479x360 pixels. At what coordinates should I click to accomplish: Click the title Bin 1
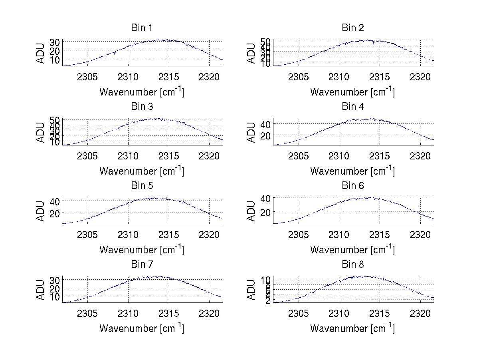click(142, 28)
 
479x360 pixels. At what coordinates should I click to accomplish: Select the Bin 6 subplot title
click(353, 186)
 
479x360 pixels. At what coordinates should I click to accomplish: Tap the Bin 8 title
click(353, 265)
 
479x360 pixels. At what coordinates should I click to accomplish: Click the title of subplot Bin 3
click(142, 107)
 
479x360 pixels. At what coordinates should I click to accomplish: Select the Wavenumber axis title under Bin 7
click(142, 328)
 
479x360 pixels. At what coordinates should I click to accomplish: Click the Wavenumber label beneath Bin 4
click(352, 171)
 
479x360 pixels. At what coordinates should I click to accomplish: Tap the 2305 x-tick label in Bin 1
click(87, 76)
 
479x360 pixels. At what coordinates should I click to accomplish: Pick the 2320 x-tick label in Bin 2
click(420, 76)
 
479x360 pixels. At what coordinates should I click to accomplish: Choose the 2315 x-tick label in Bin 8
click(379, 313)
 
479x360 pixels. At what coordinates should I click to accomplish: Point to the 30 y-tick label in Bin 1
click(55, 42)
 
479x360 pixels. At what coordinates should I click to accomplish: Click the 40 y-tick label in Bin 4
click(265, 124)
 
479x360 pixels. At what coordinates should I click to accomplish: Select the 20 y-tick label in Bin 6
click(265, 212)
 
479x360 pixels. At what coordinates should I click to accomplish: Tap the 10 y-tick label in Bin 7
click(55, 297)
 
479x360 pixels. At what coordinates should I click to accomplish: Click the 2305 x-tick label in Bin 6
click(298, 234)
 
